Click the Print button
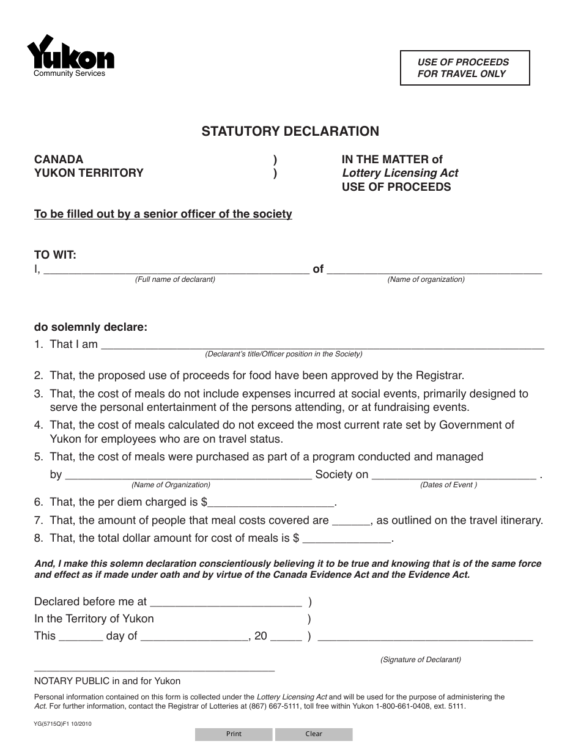pyautogui.click(x=234, y=734)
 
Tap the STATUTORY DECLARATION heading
pyautogui.click(x=290, y=131)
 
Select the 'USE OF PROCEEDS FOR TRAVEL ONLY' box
pyautogui.click(x=464, y=68)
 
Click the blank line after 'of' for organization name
pyautogui.click(x=434, y=269)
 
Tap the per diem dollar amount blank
pyautogui.click(x=272, y=503)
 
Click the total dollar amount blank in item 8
pyautogui.click(x=347, y=539)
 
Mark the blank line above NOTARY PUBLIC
pyautogui.click(x=154, y=669)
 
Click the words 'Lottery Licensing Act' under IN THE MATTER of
pyautogui.click(x=400, y=173)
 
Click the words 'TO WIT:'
pyautogui.click(x=56, y=255)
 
